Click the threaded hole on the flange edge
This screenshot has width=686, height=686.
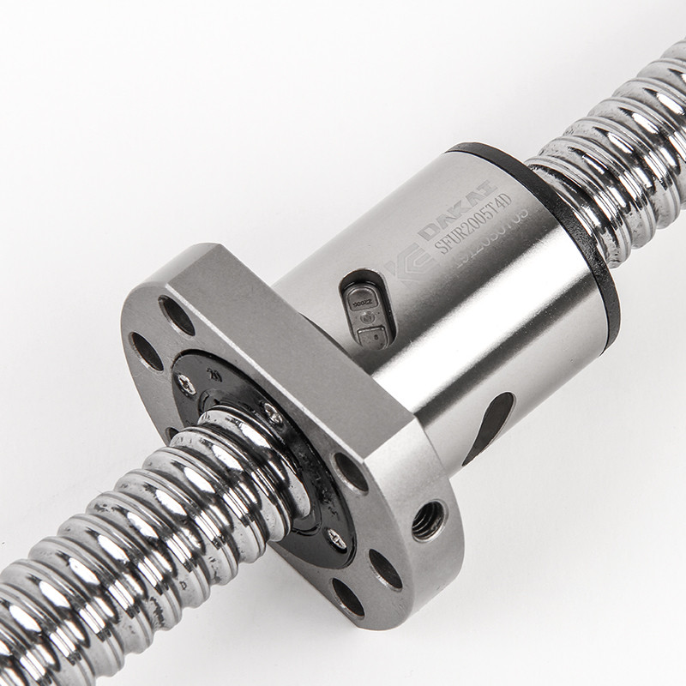(428, 520)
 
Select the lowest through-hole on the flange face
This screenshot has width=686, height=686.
(348, 597)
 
